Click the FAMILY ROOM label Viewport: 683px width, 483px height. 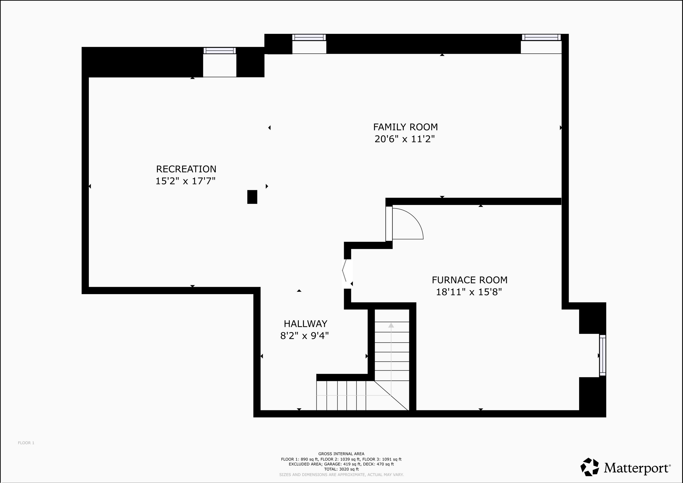click(x=405, y=127)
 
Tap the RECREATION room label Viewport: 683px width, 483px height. click(x=186, y=169)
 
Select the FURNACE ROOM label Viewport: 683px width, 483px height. click(x=469, y=280)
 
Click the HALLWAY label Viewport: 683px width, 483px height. click(x=305, y=324)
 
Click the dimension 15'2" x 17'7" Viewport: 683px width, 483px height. click(x=185, y=181)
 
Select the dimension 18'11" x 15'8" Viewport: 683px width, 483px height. click(x=469, y=292)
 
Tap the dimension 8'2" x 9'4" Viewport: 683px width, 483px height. click(x=304, y=336)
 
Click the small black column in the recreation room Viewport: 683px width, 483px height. click(x=252, y=197)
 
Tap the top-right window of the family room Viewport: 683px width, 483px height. click(x=541, y=38)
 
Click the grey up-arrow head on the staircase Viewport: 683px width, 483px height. click(x=391, y=326)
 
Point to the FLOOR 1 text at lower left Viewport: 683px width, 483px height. click(x=26, y=443)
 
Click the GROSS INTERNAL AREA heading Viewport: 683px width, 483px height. click(x=341, y=454)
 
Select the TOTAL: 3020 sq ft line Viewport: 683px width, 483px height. click(x=341, y=469)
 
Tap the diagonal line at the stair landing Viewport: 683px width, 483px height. click(x=391, y=395)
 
